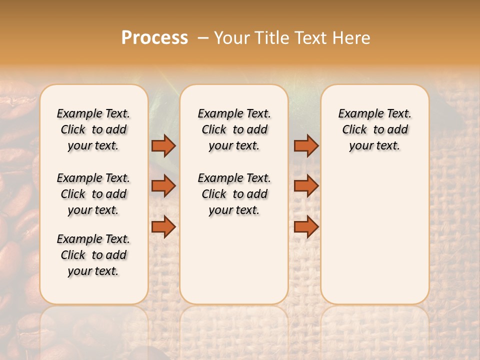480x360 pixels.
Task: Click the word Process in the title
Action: pos(154,38)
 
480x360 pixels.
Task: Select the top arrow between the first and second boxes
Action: pos(163,145)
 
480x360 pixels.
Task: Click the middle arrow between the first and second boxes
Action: pos(163,186)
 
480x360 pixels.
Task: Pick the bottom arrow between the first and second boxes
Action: pos(163,226)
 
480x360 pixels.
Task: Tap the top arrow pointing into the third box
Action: pos(306,145)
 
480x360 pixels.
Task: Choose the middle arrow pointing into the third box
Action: pos(306,186)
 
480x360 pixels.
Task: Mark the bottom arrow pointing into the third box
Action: pos(306,226)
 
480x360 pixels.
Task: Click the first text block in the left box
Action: pos(93,129)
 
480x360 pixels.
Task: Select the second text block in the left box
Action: pos(93,194)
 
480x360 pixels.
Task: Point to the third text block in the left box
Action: pos(93,255)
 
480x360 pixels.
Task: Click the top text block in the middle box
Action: pos(234,129)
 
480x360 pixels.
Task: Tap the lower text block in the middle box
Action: pos(234,194)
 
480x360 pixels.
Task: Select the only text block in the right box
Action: pos(374,129)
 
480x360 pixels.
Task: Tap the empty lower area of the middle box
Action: pos(234,260)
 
